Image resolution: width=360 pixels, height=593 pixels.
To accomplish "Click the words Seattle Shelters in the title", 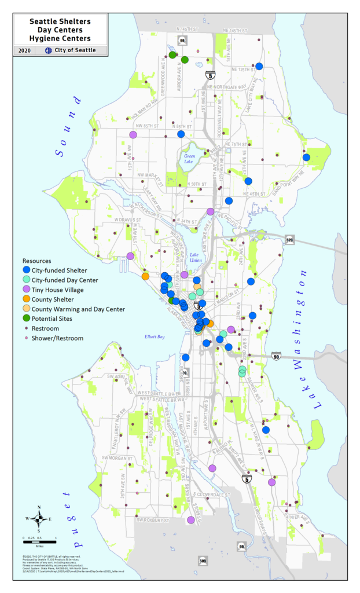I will tap(60, 21).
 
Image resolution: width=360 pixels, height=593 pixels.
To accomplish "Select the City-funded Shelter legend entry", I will tap(54, 270).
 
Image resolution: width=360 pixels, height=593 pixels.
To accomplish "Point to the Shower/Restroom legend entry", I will tap(53, 338).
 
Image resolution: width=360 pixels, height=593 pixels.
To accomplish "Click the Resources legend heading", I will tap(37, 261).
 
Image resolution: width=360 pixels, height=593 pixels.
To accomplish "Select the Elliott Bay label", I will tap(155, 336).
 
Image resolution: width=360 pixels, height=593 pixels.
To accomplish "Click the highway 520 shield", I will tap(288, 239).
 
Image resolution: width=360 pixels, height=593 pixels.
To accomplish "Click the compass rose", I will tap(39, 519).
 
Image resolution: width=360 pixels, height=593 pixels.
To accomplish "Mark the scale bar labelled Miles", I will tap(39, 541).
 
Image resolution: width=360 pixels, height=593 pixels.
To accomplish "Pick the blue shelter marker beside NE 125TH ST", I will tap(259, 67).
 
